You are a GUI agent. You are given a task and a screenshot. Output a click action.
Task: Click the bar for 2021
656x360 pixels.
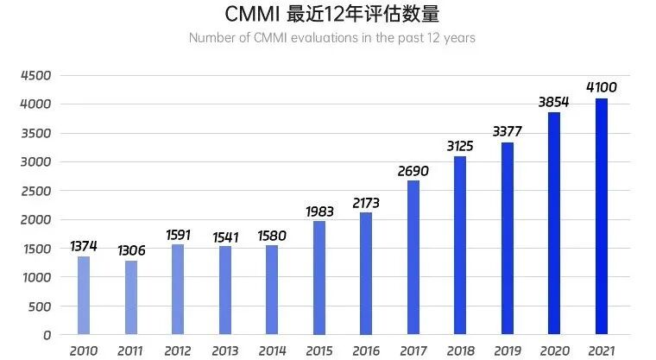[x=602, y=217]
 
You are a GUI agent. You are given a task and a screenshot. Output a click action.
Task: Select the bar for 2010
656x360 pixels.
[x=84, y=295]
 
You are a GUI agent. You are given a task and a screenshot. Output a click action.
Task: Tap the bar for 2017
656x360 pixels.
[x=413, y=257]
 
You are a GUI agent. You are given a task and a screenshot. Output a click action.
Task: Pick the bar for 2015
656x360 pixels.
[x=319, y=278]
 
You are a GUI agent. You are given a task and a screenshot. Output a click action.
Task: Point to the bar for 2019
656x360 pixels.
[x=508, y=238]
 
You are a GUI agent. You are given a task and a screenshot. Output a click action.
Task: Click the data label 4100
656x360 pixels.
[x=602, y=88]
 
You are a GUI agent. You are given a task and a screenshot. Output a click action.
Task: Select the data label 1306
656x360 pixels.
[x=131, y=250]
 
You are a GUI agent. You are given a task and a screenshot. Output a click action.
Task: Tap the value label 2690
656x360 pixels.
[x=413, y=171]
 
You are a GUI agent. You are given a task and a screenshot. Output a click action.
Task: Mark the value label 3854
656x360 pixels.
[x=555, y=102]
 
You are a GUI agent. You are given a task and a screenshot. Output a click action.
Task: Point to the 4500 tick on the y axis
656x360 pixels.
[x=36, y=75]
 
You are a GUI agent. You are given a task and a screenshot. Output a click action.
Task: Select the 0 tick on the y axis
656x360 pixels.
[x=47, y=335]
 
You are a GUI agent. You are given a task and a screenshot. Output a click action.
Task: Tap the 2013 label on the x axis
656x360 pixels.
[x=224, y=351]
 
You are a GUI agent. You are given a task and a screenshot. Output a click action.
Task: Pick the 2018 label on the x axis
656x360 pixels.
[x=460, y=351]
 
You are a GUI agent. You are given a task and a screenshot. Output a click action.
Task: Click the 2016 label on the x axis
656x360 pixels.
[x=366, y=351]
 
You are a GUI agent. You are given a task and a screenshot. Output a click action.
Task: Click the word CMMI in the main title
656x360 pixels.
[x=249, y=15]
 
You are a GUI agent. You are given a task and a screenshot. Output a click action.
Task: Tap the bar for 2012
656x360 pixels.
[x=178, y=289]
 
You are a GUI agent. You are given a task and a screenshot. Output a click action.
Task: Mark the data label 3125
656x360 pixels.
[x=460, y=146]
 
